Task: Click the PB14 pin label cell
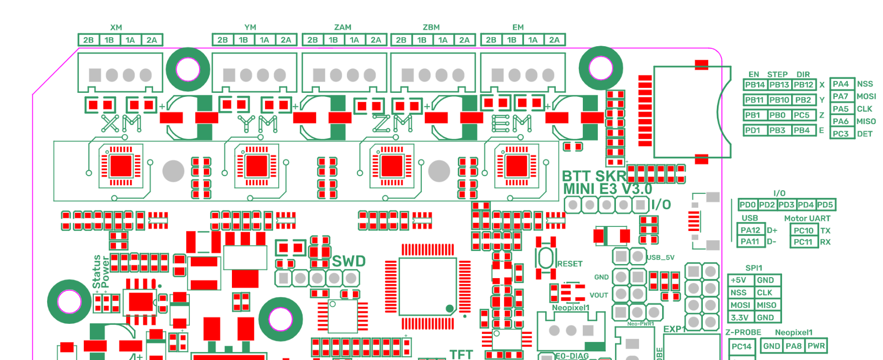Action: coord(754,85)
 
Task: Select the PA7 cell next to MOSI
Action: coord(841,96)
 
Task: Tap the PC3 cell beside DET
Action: coord(841,134)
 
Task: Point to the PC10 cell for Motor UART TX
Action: coord(803,230)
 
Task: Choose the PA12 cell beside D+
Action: coord(750,230)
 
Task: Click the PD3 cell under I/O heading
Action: coord(786,205)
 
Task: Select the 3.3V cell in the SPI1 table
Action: coord(739,317)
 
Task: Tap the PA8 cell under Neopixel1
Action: coord(794,345)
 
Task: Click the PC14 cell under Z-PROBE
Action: coord(741,346)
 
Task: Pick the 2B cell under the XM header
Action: coord(88,40)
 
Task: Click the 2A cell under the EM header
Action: coord(554,40)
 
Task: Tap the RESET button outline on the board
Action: coord(546,258)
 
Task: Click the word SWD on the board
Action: coord(348,262)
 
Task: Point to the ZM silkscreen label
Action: coord(393,123)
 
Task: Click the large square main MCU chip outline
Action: coord(427,286)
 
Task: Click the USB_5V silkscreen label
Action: coord(660,258)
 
